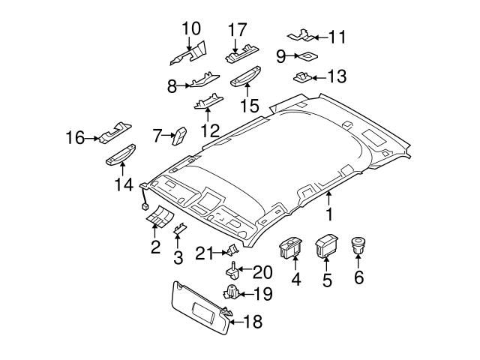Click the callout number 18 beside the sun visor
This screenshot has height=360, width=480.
[x=254, y=322]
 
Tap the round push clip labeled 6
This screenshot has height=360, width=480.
[x=358, y=244]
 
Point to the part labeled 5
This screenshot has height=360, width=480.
[x=326, y=245]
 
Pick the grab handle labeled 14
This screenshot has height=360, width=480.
[x=120, y=154]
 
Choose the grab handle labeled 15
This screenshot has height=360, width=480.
[x=247, y=75]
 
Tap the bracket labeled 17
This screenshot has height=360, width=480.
[x=241, y=54]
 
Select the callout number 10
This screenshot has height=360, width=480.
[x=191, y=28]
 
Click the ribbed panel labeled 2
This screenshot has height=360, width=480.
[x=158, y=218]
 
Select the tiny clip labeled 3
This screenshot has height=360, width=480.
[x=180, y=228]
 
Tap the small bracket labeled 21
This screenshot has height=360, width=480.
[x=232, y=250]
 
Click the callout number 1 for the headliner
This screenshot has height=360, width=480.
[x=328, y=215]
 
